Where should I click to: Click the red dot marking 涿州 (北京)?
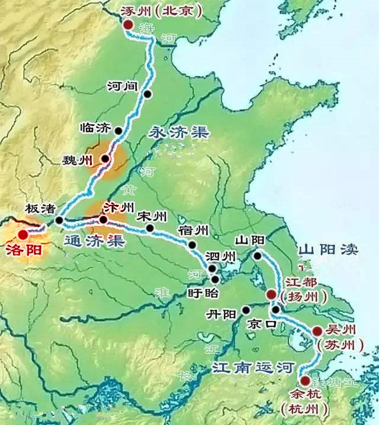[127, 24]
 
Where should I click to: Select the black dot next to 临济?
[118, 131]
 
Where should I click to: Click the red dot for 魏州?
[105, 158]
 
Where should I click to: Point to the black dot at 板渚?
[59, 220]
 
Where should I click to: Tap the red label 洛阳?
[23, 250]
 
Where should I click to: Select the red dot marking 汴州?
[103, 220]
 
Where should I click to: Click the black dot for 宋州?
[150, 228]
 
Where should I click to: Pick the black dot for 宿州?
[192, 244]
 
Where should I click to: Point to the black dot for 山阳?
[258, 256]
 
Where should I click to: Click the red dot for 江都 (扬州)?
[271, 294]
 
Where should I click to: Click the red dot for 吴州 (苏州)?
[317, 331]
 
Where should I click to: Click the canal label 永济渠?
[181, 132]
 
